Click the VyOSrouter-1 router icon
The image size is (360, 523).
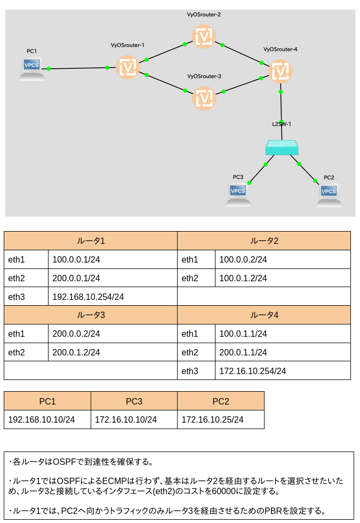click(x=127, y=67)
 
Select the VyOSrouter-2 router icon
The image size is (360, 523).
click(x=204, y=37)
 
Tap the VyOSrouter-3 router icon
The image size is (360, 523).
click(x=204, y=98)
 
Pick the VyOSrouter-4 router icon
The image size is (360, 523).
click(x=281, y=72)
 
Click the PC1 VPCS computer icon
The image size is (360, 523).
click(x=31, y=69)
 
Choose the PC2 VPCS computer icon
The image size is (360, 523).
click(x=329, y=195)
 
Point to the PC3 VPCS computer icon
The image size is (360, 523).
click(x=238, y=195)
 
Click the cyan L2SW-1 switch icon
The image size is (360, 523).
click(x=282, y=147)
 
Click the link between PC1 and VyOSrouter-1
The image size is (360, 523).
click(x=78, y=68)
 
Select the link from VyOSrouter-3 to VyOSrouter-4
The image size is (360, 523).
click(x=242, y=85)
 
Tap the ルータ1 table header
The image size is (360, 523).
click(x=91, y=241)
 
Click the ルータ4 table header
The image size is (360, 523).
click(x=264, y=315)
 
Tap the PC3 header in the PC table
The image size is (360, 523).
click(x=134, y=401)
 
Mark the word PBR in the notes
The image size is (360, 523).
click(x=273, y=511)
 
